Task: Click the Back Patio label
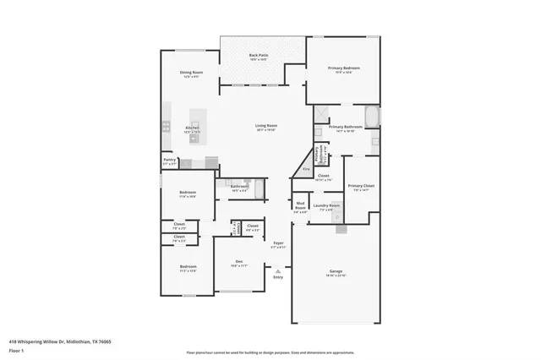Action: tap(258, 57)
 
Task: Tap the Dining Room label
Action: tap(191, 74)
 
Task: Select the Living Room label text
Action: tap(266, 127)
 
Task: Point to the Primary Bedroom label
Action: tap(343, 69)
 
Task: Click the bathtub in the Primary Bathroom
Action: tap(372, 116)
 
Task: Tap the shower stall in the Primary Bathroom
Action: tap(321, 114)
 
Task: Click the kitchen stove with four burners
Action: tap(166, 126)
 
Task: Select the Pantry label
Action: tap(169, 160)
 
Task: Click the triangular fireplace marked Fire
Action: tap(305, 169)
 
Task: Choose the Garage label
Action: tap(336, 272)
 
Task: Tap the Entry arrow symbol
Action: tap(278, 270)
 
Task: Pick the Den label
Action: tap(239, 262)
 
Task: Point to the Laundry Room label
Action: tap(326, 205)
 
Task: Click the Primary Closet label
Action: tap(361, 186)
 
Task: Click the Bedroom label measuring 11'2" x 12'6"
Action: tap(188, 268)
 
